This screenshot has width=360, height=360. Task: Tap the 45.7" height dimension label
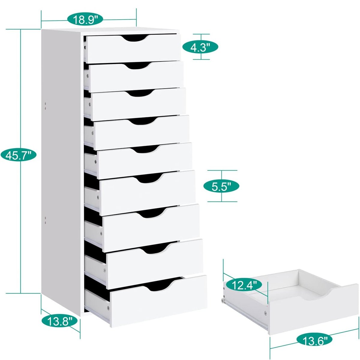point(18,155)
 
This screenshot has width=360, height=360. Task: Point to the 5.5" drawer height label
point(221,187)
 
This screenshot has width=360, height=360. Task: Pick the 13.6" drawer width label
point(315,340)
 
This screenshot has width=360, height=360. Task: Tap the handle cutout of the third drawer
point(141,93)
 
